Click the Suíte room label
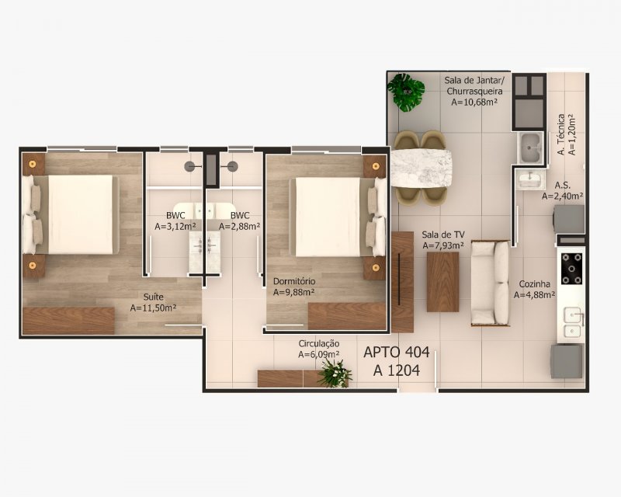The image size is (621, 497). [153, 297]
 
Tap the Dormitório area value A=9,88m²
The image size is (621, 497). [294, 292]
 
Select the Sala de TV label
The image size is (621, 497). [443, 235]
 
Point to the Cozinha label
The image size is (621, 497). [534, 283]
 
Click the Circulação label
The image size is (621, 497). [319, 343]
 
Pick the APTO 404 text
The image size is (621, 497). [397, 352]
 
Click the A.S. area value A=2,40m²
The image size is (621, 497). [562, 196]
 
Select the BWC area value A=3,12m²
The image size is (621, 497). [175, 226]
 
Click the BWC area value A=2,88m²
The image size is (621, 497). [240, 226]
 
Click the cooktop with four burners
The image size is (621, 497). [572, 269]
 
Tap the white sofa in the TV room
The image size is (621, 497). [491, 283]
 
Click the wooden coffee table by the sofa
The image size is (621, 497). [442, 282]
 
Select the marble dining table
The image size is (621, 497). [422, 169]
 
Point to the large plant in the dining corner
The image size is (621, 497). [406, 92]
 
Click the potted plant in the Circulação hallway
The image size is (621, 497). [335, 373]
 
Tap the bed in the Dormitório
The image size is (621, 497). [338, 217]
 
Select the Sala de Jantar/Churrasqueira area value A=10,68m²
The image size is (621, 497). [474, 103]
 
